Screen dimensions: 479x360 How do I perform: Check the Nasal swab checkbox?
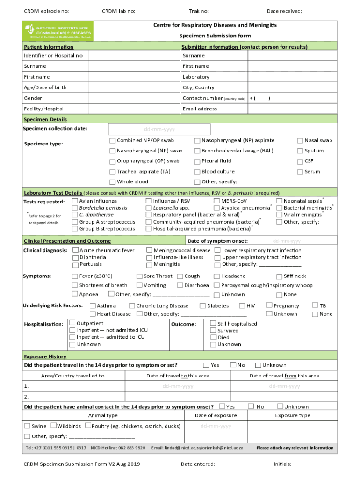(x=301, y=141)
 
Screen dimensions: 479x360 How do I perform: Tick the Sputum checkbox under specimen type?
(x=301, y=151)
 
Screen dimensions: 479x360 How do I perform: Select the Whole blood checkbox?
(x=112, y=182)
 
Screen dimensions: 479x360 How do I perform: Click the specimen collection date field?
(x=159, y=129)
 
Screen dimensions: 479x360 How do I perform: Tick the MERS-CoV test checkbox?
(x=217, y=201)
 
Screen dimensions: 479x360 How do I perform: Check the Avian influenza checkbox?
(x=75, y=201)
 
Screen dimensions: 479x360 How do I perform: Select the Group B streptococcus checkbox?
(x=75, y=229)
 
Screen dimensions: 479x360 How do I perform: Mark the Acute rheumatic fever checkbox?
(x=75, y=251)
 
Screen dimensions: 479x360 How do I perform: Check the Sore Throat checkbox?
(x=139, y=276)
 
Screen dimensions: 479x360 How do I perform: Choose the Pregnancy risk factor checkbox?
(x=269, y=305)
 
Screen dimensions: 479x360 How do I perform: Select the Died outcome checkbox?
(x=213, y=337)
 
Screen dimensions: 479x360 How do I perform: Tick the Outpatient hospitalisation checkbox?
(x=72, y=323)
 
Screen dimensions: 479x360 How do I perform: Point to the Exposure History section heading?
(x=45, y=357)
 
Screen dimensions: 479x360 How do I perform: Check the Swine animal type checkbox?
(x=27, y=426)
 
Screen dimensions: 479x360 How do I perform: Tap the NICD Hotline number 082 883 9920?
(x=132, y=448)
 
